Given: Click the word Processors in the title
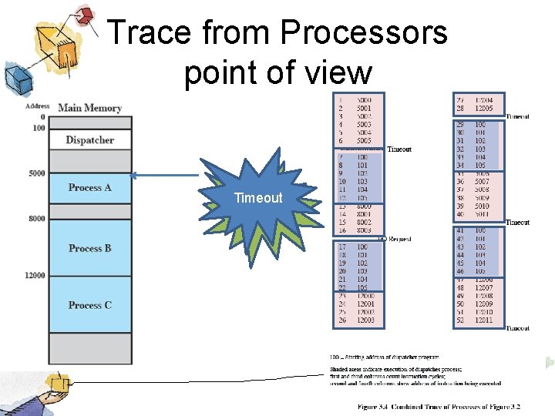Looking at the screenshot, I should coord(364,32).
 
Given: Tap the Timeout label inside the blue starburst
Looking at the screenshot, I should coord(258,198).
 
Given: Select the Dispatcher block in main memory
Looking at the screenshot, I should coord(89,140).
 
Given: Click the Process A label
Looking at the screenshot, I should coord(89,187).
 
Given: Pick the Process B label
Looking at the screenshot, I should coord(89,248).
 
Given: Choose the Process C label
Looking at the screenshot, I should coord(89,305).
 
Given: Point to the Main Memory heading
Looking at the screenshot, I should coord(89,108).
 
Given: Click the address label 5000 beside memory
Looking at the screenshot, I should coord(36,173).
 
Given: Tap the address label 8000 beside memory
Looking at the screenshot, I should coord(36,219).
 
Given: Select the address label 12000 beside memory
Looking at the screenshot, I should coord(35,275).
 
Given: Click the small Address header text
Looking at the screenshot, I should coord(37,106).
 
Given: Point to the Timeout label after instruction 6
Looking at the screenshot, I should coord(399,149).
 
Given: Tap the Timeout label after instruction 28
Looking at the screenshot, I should coord(517,116).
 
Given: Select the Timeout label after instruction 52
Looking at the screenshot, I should coord(517,328).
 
